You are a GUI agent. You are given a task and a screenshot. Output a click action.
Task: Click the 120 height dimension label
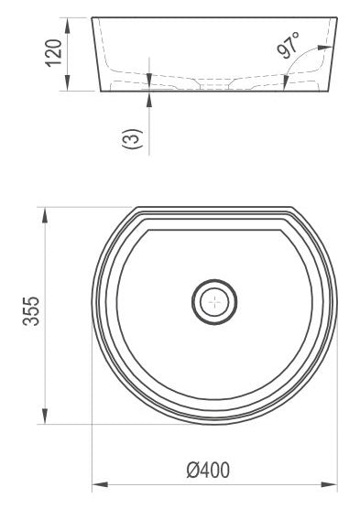[53, 53]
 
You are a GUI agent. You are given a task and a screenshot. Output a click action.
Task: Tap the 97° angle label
[289, 45]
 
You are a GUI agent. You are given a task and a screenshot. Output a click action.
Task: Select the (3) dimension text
[132, 138]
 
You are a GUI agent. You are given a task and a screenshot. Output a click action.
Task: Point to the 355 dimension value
[31, 310]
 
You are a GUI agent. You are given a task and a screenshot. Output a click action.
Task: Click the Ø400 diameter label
[208, 470]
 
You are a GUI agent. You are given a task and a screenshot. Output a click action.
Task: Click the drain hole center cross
[214, 302]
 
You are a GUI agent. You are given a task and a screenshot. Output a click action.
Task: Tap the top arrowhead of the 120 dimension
[67, 26]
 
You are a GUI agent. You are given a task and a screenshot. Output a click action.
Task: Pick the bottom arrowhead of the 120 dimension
[67, 83]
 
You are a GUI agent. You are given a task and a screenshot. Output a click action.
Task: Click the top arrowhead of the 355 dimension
[45, 214]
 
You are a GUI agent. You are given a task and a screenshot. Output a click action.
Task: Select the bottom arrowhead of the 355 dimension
[45, 417]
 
